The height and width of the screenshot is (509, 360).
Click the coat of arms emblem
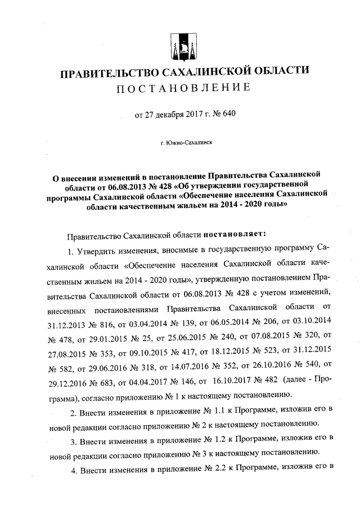[x=183, y=47]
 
